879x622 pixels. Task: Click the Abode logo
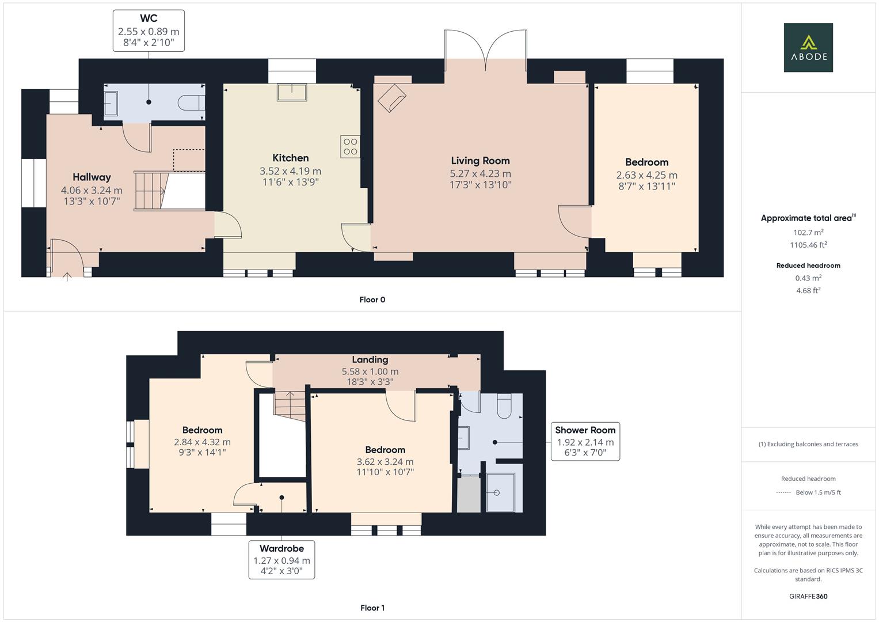point(808,47)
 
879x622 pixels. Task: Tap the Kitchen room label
point(290,158)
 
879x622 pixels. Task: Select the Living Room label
point(480,161)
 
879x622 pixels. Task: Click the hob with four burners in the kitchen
point(350,147)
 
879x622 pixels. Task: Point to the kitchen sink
point(291,92)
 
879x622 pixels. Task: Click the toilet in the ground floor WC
point(192,103)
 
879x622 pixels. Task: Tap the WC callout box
point(149,31)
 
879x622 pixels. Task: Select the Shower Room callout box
point(585,442)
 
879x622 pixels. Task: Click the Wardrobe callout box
point(281,560)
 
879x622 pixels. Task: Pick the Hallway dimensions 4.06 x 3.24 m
point(92,190)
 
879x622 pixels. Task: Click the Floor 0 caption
point(372,299)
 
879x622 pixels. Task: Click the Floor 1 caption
point(372,608)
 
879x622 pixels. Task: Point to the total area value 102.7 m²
point(808,232)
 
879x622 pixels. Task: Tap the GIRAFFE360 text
point(808,596)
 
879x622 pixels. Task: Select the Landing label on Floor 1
point(370,359)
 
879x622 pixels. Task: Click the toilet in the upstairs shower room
point(504,405)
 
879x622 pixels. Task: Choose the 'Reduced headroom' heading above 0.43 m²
point(808,266)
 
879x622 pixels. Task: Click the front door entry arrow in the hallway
point(67,275)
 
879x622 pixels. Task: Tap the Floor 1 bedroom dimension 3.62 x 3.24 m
point(385,461)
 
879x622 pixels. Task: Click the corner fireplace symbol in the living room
point(391,97)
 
